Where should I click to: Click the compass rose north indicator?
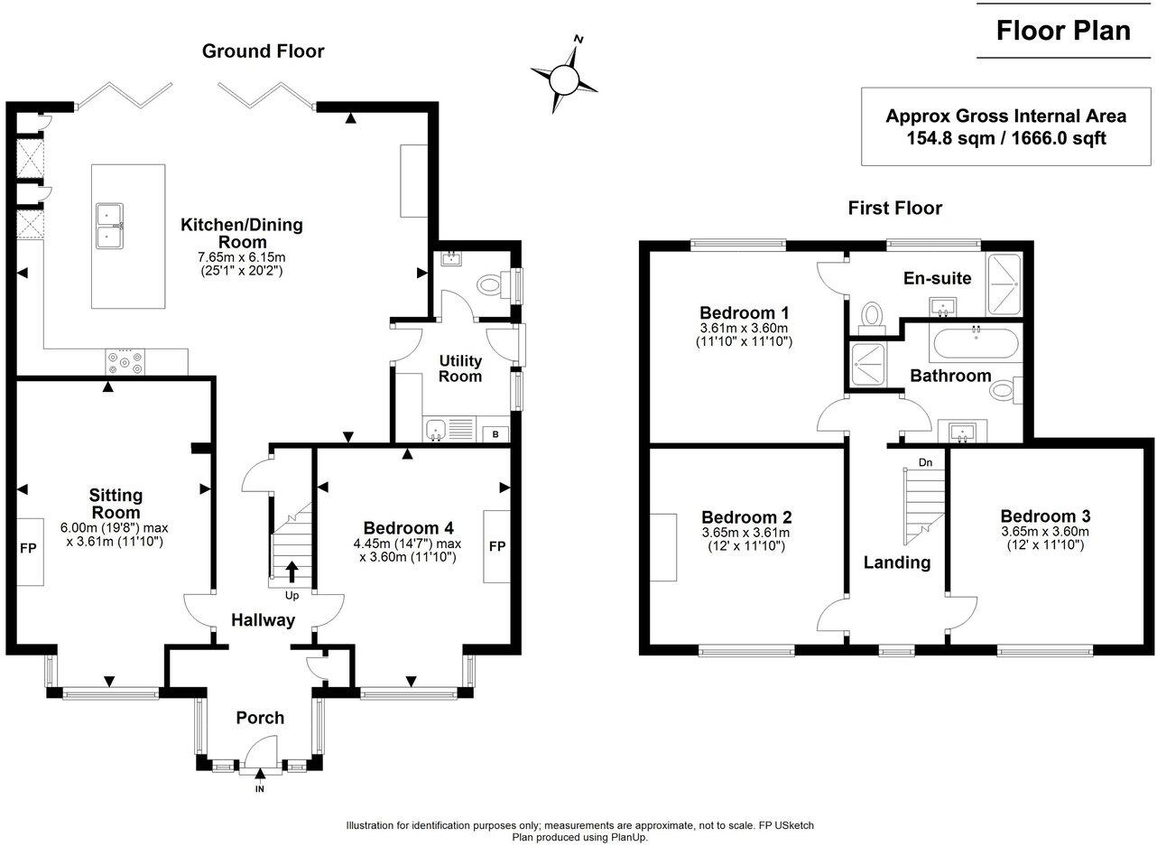(578, 41)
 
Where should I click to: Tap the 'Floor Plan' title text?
(1063, 30)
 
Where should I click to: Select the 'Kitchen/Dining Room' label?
(241, 233)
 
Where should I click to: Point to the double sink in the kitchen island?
(110, 226)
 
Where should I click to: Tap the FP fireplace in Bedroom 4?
(496, 546)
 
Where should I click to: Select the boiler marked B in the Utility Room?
(495, 434)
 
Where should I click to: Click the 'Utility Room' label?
(460, 368)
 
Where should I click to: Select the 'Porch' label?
(260, 718)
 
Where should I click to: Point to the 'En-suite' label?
(938, 278)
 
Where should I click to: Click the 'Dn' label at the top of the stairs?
(925, 462)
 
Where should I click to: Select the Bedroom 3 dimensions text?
(1045, 539)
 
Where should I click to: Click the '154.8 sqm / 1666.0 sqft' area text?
(1005, 138)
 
